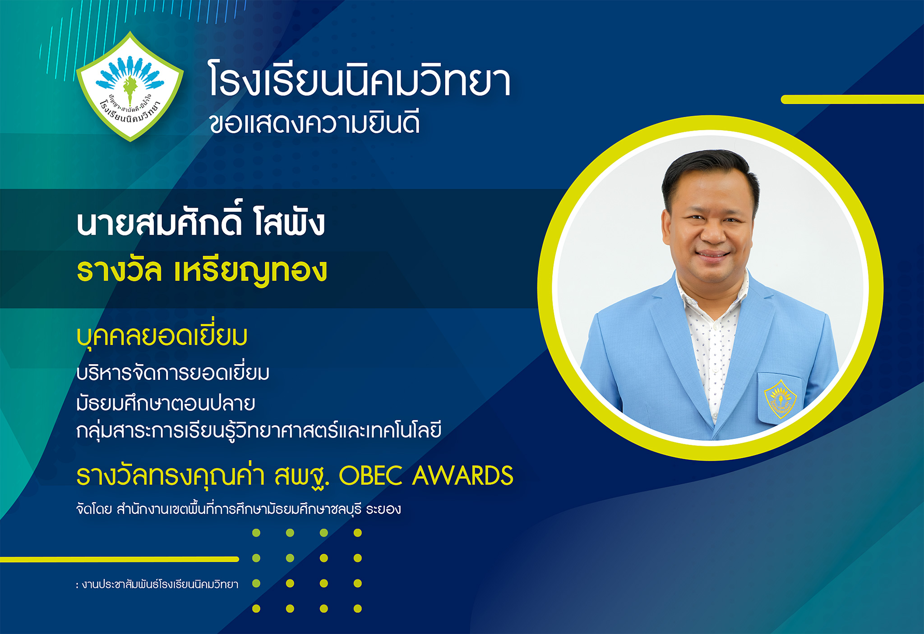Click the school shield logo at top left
130,87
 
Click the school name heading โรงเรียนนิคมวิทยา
360,81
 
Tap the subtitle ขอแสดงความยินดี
314,123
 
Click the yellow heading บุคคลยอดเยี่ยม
162,336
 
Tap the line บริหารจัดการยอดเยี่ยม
173,373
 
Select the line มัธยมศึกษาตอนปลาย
166,402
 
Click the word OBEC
370,476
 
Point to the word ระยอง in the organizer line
383,509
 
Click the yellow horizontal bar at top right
852,100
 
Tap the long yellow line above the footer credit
119,559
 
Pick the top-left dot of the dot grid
256,533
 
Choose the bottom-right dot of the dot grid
358,609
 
